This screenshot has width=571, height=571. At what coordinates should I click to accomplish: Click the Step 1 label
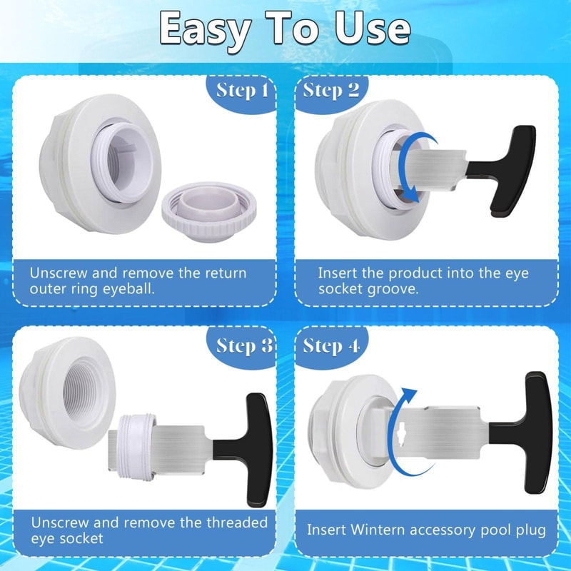[242, 91]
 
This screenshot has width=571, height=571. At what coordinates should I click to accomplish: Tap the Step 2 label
[331, 91]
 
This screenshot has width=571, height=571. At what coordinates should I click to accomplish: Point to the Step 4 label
[331, 346]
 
